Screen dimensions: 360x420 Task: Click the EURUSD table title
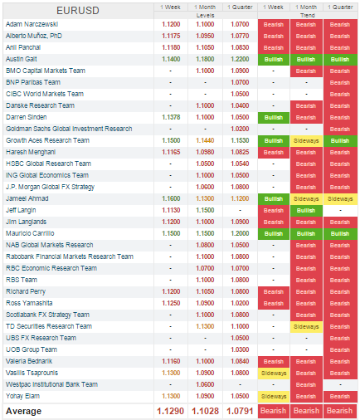[x=78, y=11]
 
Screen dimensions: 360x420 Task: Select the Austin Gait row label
[x=22, y=59]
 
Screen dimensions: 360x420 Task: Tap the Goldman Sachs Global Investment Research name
[x=69, y=129]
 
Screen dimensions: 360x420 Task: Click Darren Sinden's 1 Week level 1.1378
[x=171, y=117]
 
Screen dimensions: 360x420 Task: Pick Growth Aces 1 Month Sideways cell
[x=306, y=141]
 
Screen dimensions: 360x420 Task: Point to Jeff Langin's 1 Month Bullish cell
[x=306, y=211]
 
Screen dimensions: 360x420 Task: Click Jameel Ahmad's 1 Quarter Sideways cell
[x=340, y=199]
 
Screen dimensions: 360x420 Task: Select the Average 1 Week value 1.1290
[x=170, y=411]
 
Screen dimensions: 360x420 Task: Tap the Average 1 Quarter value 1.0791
[x=240, y=411]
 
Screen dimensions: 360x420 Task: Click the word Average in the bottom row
[x=23, y=411]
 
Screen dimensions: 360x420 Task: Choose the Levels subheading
[x=206, y=16]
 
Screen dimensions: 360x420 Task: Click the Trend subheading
[x=308, y=16]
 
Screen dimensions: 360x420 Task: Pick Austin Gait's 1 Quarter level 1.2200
[x=240, y=59]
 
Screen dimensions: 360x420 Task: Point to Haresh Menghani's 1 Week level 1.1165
[x=171, y=152]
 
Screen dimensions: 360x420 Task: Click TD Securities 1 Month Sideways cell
[x=306, y=327]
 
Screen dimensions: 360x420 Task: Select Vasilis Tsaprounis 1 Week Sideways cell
[x=274, y=374]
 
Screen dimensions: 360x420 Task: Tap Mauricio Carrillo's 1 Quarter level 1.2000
[x=240, y=233]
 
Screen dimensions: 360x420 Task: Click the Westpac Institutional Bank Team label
[x=51, y=384]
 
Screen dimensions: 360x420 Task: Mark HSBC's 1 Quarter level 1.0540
[x=240, y=164]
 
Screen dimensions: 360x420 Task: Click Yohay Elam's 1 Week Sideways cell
[x=274, y=397]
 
